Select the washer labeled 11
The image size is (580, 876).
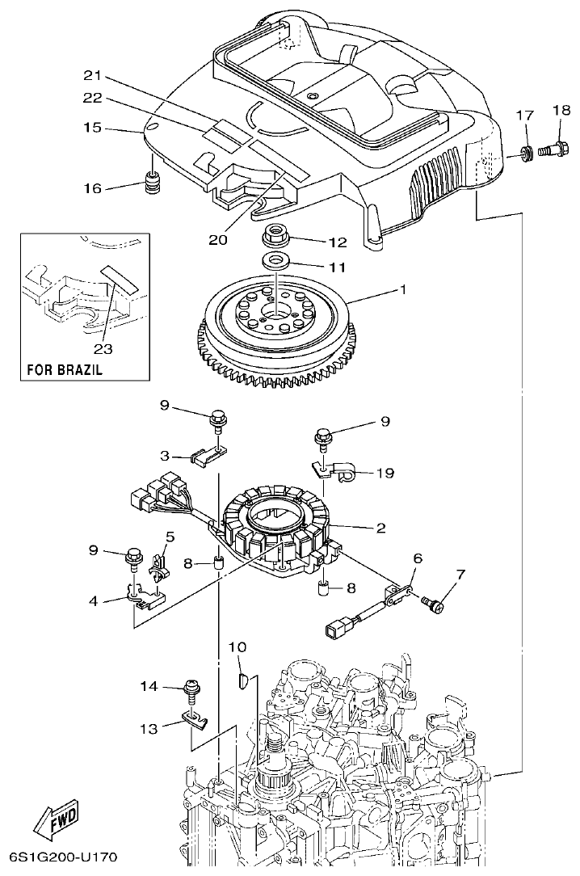point(275,261)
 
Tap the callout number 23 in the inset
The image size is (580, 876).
point(103,349)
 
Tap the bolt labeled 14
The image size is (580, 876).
point(192,688)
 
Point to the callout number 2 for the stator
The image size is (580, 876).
point(380,529)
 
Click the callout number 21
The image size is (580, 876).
point(94,76)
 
